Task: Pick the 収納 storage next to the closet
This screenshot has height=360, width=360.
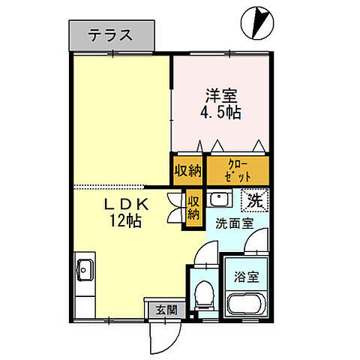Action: (x=187, y=169)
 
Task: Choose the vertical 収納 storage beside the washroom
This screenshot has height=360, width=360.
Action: (x=193, y=208)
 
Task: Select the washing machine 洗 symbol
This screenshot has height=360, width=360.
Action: (x=254, y=201)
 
